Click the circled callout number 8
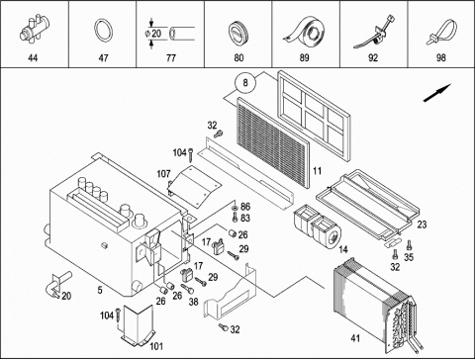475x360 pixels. [x=245, y=82]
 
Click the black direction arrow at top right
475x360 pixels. [x=437, y=93]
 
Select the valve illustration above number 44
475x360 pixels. [x=35, y=28]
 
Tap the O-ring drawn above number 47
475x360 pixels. [x=104, y=31]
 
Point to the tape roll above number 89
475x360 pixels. [x=304, y=31]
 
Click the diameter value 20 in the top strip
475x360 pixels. [x=156, y=34]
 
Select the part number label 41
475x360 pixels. [x=355, y=338]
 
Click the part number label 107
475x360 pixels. [x=163, y=174]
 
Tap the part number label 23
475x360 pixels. [x=422, y=225]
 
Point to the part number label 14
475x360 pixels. [x=343, y=249]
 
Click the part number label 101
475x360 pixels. [x=156, y=346]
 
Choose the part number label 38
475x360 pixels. [x=194, y=302]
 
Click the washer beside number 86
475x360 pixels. [x=235, y=208]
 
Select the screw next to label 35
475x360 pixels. [x=410, y=244]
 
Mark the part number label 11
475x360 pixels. [x=317, y=171]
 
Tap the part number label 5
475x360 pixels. [x=100, y=290]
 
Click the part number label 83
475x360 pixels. [x=245, y=218]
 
